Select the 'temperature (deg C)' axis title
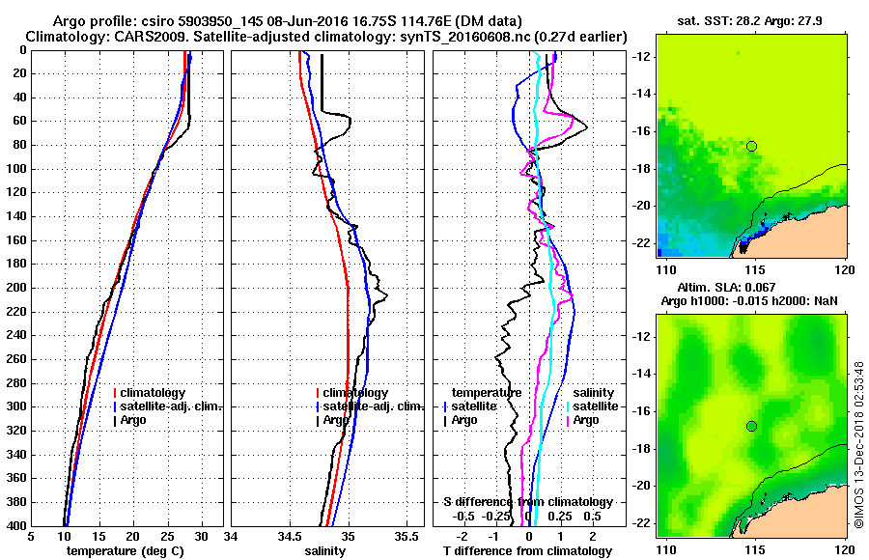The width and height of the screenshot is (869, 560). pos(125,550)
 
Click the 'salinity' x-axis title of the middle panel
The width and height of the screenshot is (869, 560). pos(324,550)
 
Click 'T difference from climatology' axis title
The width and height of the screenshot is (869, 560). pos(527,550)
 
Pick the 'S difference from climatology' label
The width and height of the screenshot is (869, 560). pos(527,502)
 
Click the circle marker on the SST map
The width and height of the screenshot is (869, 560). pos(752,146)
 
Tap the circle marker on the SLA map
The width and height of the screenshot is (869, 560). pos(752,426)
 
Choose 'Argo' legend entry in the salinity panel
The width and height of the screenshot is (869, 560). pos(336,420)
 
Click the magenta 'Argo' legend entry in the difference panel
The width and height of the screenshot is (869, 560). pos(586,420)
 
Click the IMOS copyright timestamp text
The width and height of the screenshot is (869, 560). pos(858,444)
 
